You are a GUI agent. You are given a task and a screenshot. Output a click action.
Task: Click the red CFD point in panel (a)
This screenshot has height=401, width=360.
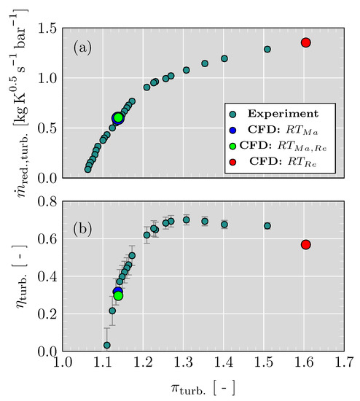click(306, 43)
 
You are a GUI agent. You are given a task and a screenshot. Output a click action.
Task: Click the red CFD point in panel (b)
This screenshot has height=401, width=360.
click(306, 244)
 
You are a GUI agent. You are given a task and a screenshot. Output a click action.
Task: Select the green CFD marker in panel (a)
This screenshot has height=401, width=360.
click(118, 117)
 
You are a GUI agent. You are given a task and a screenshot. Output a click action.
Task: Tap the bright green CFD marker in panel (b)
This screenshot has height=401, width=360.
click(118, 295)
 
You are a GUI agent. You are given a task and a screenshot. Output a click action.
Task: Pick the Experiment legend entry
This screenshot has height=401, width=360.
click(273, 114)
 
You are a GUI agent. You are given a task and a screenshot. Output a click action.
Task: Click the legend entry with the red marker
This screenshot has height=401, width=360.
click(273, 168)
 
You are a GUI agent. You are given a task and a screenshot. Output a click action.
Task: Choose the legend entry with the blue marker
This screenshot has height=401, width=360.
click(273, 132)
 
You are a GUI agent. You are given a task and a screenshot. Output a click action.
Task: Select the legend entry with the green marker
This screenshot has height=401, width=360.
click(273, 150)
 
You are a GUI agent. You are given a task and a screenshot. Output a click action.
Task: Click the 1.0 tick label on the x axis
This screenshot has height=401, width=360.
click(63, 362)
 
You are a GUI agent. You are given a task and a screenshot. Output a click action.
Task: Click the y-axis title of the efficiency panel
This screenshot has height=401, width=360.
click(15, 276)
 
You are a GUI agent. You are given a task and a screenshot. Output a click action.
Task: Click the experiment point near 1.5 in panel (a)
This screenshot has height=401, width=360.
click(267, 50)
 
